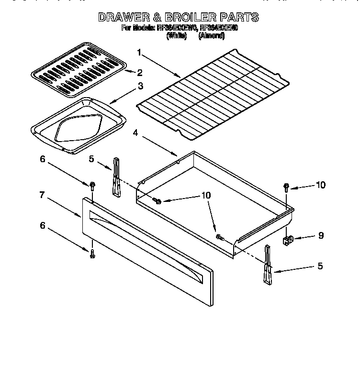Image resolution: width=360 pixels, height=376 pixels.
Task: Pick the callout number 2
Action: coord(140,73)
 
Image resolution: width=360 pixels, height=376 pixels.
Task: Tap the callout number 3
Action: coord(140,86)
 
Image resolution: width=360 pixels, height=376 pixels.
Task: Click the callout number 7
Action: coord(42,195)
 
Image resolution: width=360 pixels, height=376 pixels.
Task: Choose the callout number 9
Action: coord(321,235)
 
